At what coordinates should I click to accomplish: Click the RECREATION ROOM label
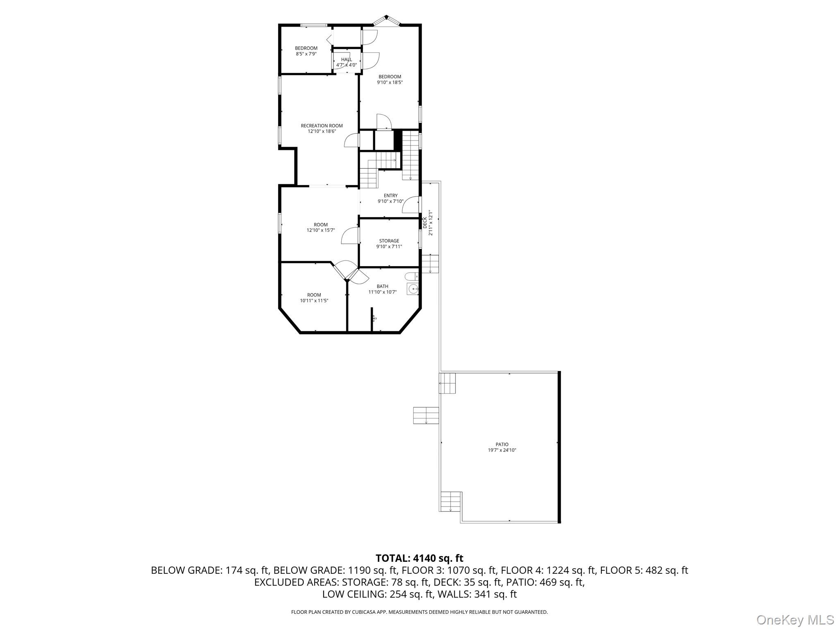322,126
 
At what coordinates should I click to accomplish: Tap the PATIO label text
502,444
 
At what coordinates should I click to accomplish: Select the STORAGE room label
389,241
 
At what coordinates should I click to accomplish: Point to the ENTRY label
390,196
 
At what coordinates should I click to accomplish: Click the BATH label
382,286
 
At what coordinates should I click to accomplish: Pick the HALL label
347,59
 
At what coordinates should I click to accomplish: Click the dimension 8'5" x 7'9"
306,54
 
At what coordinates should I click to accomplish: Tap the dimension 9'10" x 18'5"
390,82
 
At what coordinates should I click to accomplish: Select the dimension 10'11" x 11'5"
314,301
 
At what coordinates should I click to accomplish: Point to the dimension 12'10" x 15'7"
321,230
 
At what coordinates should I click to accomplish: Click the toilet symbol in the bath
411,276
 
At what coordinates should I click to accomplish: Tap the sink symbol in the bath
413,289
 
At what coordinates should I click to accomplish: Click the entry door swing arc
410,205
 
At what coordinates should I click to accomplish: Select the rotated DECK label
425,223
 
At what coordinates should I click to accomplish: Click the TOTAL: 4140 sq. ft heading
419,558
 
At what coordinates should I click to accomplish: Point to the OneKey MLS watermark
795,620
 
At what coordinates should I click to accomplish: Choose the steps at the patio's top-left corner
447,383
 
